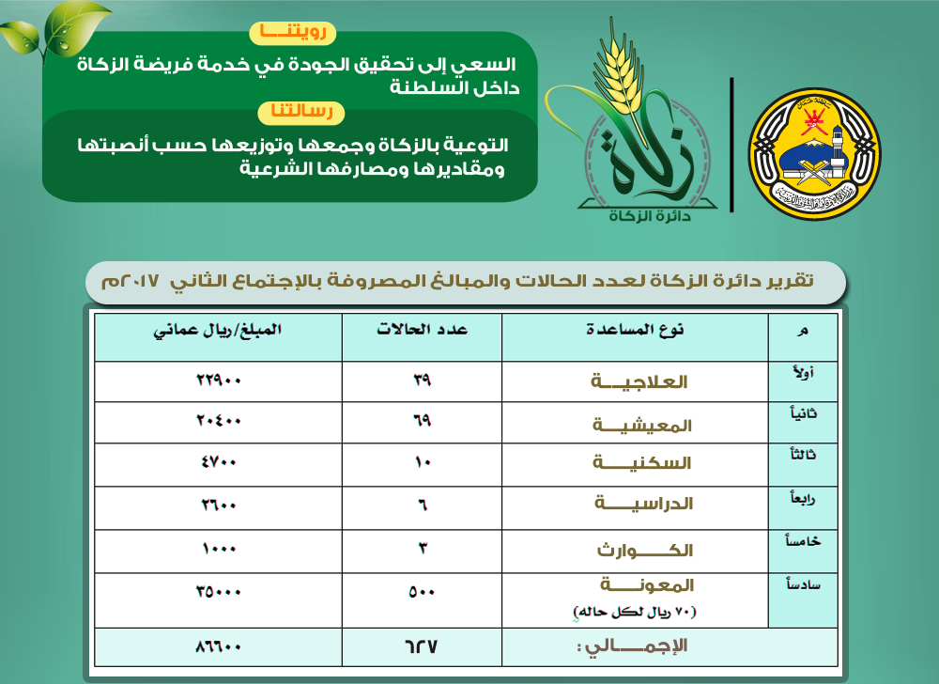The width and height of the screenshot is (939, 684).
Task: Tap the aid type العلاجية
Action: [x=639, y=382]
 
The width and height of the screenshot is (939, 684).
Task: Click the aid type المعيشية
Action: [x=642, y=425]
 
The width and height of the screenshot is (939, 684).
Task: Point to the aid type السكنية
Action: [x=642, y=463]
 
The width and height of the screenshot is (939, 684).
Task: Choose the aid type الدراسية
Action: [x=644, y=504]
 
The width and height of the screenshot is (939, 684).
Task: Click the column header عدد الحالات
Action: [x=423, y=330]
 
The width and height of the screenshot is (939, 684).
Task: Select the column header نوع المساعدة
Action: [x=635, y=330]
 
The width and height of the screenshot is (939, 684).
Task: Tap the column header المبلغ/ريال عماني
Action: [x=220, y=330]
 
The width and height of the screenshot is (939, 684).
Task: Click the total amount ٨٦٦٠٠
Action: [x=219, y=646]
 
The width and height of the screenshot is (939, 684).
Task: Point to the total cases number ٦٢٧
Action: [x=423, y=646]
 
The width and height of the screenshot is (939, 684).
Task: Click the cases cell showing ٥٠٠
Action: [x=422, y=592]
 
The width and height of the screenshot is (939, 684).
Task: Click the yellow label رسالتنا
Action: [x=301, y=113]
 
